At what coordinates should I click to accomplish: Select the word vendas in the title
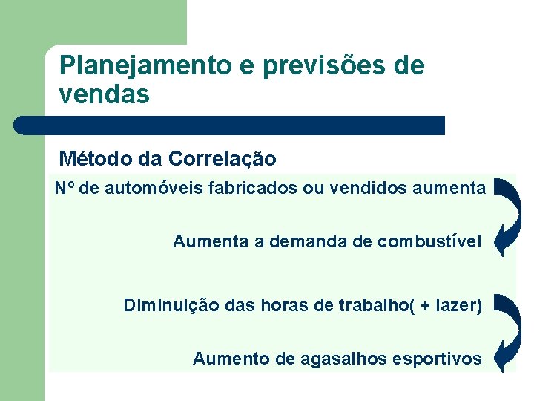tap(104, 95)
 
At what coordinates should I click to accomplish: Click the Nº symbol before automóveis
tap(65, 189)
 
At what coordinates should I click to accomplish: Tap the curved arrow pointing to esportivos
tap(508, 333)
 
